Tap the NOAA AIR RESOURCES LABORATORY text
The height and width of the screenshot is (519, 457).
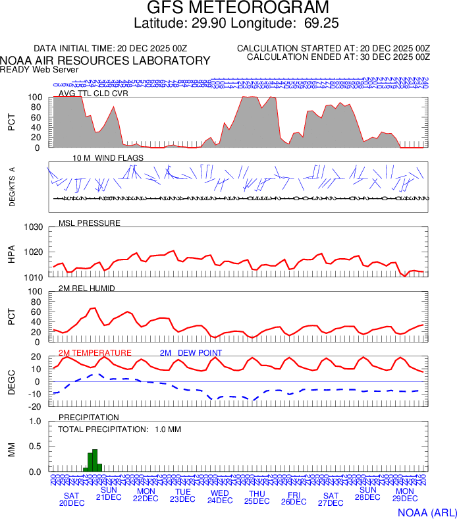pyautogui.click(x=105, y=61)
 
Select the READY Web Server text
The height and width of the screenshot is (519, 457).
pyautogui.click(x=40, y=69)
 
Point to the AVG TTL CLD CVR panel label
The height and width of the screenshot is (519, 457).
pyautogui.click(x=94, y=94)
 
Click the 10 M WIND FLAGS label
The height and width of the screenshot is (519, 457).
pyautogui.click(x=108, y=158)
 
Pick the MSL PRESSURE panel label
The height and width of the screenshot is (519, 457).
pyautogui.click(x=90, y=223)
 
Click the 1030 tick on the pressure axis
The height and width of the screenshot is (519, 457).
pyautogui.click(x=34, y=228)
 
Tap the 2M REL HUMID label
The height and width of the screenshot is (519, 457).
pyautogui.click(x=86, y=288)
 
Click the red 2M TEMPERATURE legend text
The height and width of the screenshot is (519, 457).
pyautogui.click(x=95, y=353)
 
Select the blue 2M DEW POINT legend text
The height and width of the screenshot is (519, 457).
pyautogui.click(x=191, y=353)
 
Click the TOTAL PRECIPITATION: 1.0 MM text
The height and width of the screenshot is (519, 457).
pyautogui.click(x=119, y=429)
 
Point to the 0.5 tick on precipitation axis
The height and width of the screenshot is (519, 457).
pyautogui.click(x=37, y=447)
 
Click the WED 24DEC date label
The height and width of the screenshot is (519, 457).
pyautogui.click(x=220, y=496)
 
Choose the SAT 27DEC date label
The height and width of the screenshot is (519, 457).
pyautogui.click(x=331, y=499)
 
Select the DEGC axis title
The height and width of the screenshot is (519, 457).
pyautogui.click(x=11, y=381)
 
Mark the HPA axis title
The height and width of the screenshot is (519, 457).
pyautogui.click(x=11, y=253)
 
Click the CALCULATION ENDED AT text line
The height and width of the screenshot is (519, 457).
pyautogui.click(x=338, y=57)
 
